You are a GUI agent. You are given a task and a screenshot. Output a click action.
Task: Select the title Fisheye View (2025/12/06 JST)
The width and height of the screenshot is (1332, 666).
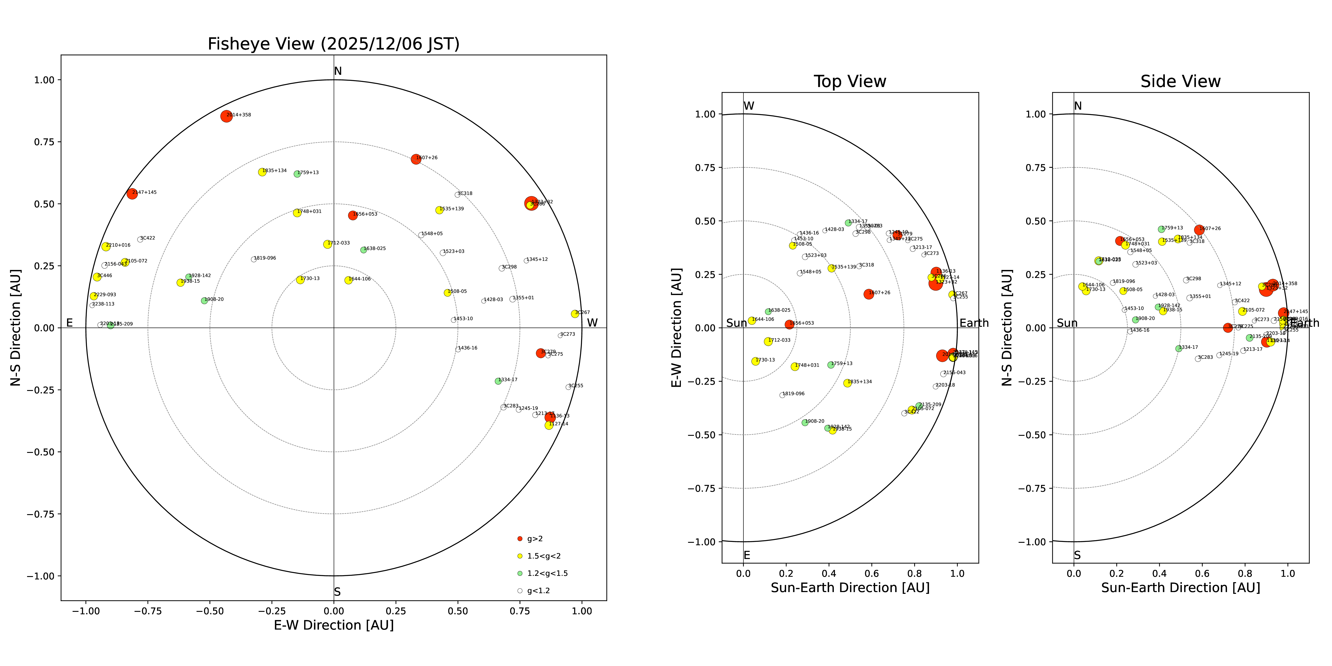click(333, 44)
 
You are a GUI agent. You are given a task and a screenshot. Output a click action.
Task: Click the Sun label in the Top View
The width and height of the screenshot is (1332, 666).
click(736, 323)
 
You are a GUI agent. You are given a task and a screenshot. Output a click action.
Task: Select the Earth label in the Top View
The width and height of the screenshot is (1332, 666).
click(974, 323)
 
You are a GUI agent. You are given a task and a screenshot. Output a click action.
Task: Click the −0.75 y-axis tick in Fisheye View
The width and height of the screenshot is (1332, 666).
click(40, 514)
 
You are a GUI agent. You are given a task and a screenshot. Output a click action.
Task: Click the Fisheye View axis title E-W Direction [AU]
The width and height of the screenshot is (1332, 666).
click(333, 625)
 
